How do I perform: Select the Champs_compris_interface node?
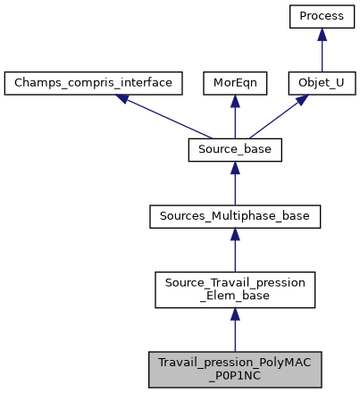[x=94, y=83]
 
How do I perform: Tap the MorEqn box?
[x=234, y=83]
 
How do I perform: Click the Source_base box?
[x=234, y=150]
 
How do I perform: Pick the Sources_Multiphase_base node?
[x=234, y=216]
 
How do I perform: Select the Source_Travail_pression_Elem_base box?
[x=234, y=288]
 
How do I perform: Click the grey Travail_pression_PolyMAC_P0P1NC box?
[x=234, y=368]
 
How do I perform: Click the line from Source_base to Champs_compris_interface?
[x=165, y=117]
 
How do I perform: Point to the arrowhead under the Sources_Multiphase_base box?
[x=234, y=235]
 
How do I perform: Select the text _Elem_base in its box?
[x=234, y=296]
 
